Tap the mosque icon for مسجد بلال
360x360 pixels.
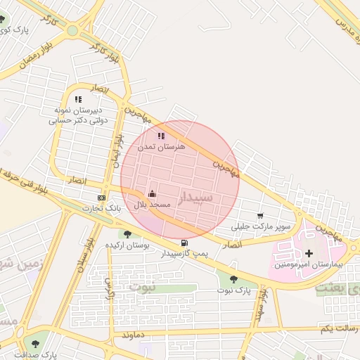152,193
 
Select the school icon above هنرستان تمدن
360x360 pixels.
161,136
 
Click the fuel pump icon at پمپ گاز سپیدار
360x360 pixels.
184,243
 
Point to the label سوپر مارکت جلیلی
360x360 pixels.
262,227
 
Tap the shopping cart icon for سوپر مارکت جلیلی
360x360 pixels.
261,216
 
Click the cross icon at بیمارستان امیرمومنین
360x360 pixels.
309,253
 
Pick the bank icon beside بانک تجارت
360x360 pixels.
102,198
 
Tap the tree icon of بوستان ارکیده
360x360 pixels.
127,234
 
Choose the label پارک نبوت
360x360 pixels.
233,290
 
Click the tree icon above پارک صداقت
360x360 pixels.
35,344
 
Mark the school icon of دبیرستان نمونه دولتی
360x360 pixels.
78,100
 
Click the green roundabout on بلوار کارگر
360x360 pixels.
72,31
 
